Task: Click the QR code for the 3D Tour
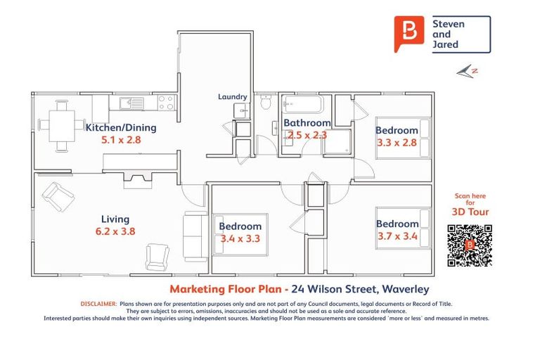click(x=469, y=245)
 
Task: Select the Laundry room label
click(x=232, y=97)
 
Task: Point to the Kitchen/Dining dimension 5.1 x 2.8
click(x=121, y=140)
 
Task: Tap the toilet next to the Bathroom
click(x=265, y=103)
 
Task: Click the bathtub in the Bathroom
click(x=302, y=106)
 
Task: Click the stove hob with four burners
click(x=166, y=103)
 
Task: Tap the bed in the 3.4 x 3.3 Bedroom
click(x=240, y=235)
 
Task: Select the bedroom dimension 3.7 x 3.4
click(x=397, y=236)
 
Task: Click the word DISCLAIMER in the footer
click(x=99, y=304)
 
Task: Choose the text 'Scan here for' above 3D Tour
click(x=470, y=200)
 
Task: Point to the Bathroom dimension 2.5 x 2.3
click(x=306, y=135)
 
